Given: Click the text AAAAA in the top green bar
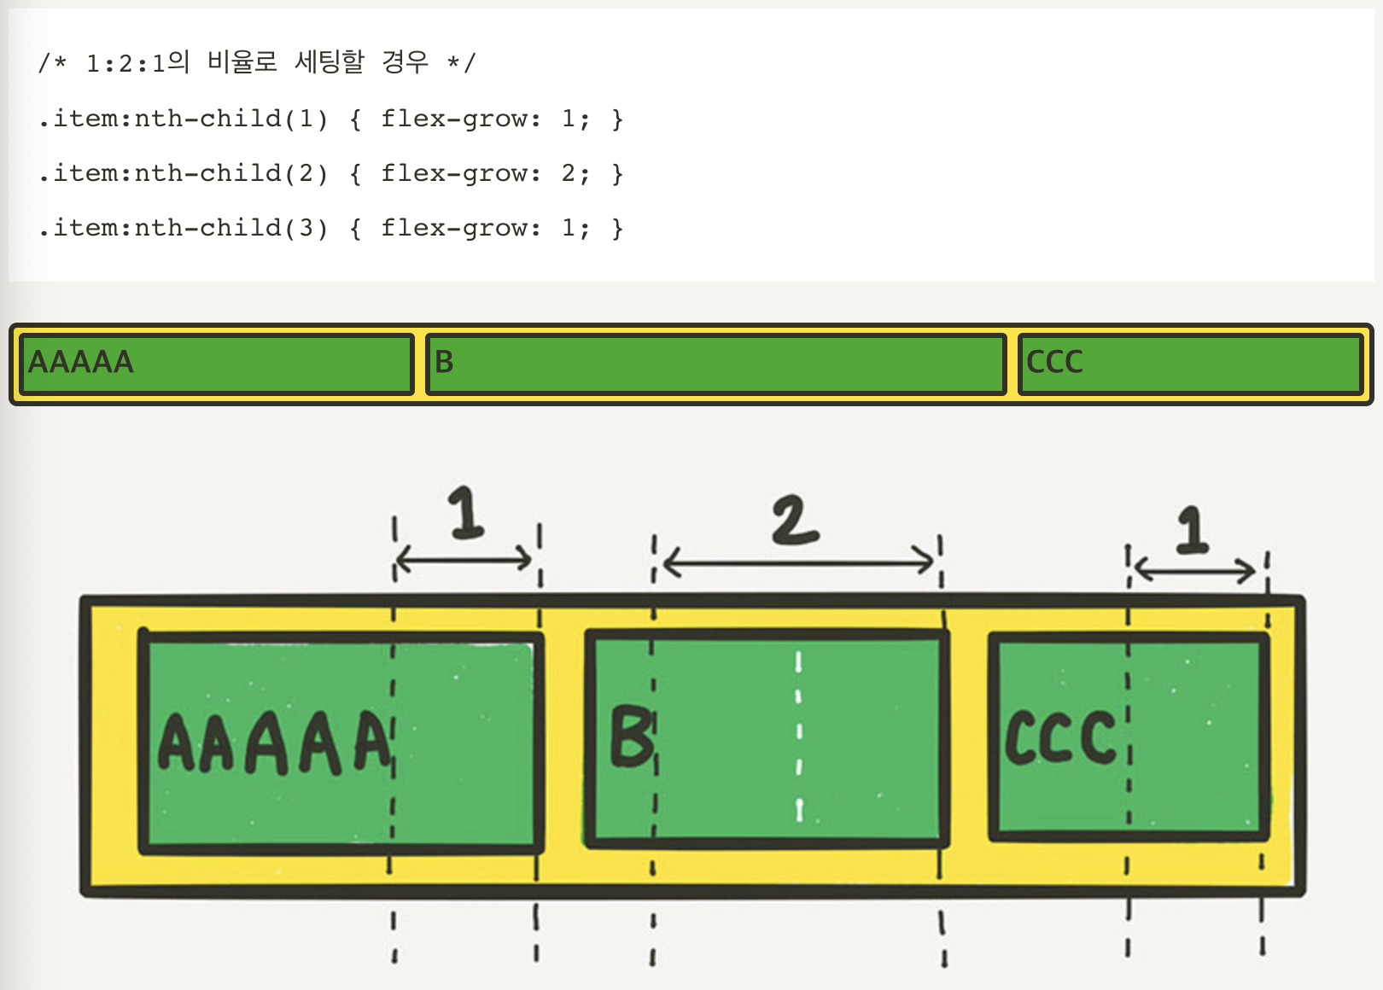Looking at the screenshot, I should (x=81, y=363).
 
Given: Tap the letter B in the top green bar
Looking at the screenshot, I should (x=444, y=363).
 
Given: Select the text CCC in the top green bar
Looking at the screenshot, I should (x=1054, y=363).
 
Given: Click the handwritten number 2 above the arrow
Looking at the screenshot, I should (x=795, y=520).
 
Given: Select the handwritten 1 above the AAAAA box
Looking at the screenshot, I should (x=466, y=512).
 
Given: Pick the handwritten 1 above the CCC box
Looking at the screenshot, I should (x=1193, y=529).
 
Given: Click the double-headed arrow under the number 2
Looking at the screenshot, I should (x=799, y=562).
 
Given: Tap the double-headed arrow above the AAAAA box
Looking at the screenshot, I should (x=464, y=560).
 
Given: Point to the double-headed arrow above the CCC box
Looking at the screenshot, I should (x=1195, y=569).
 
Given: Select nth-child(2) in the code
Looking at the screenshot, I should (x=231, y=173).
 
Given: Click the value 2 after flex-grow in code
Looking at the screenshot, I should (x=569, y=173).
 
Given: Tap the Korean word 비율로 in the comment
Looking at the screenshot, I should (x=242, y=62).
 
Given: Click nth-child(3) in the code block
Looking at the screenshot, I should (x=231, y=228).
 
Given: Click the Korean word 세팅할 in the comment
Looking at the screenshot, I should (x=330, y=62).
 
